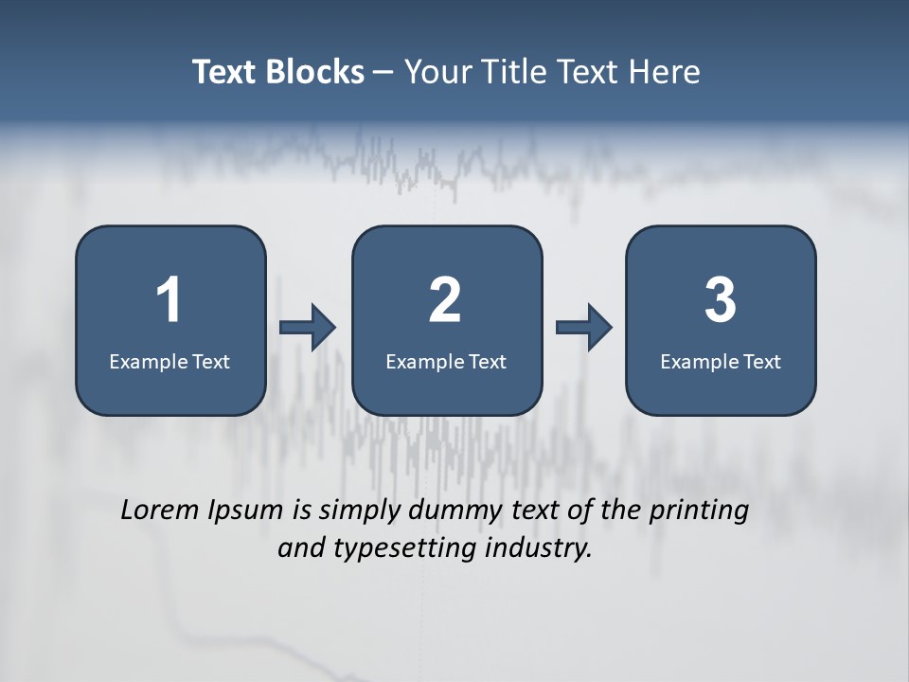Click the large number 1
[169, 300]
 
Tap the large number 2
[445, 300]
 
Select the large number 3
[721, 300]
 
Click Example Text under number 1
[169, 361]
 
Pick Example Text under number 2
[446, 361]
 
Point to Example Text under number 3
[721, 361]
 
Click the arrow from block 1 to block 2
[308, 328]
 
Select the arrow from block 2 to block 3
[583, 328]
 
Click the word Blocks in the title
[316, 72]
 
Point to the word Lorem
[159, 510]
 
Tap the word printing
[699, 511]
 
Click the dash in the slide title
[383, 73]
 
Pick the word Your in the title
[436, 72]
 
